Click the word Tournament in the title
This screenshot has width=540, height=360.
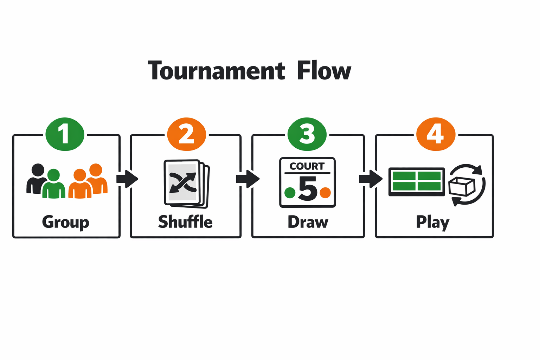pyautogui.click(x=216, y=71)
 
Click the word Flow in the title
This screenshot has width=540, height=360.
pyautogui.click(x=324, y=71)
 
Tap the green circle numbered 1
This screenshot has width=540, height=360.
pyautogui.click(x=65, y=134)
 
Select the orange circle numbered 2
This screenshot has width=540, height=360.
pyautogui.click(x=186, y=134)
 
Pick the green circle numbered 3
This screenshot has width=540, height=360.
pyautogui.click(x=307, y=134)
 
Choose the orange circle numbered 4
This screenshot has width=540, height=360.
pyautogui.click(x=436, y=134)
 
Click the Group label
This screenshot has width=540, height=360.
pyautogui.click(x=66, y=222)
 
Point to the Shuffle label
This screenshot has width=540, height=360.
pyautogui.click(x=185, y=222)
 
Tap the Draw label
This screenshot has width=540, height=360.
pyautogui.click(x=308, y=222)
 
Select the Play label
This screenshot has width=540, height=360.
pyautogui.click(x=433, y=222)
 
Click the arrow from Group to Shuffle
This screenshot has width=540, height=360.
pyautogui.click(x=127, y=179)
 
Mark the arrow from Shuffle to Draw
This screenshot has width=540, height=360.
pyautogui.click(x=248, y=179)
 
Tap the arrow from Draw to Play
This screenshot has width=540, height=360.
pyautogui.click(x=371, y=179)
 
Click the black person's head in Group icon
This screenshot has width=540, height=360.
pyautogui.click(x=38, y=170)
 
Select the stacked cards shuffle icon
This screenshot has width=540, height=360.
pyautogui.click(x=186, y=183)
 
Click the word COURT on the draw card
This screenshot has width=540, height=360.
pyautogui.click(x=307, y=166)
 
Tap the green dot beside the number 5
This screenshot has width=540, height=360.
pyautogui.click(x=290, y=193)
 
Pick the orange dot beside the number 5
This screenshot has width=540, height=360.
pyautogui.click(x=325, y=193)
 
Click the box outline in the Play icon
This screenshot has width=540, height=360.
pyautogui.click(x=462, y=186)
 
